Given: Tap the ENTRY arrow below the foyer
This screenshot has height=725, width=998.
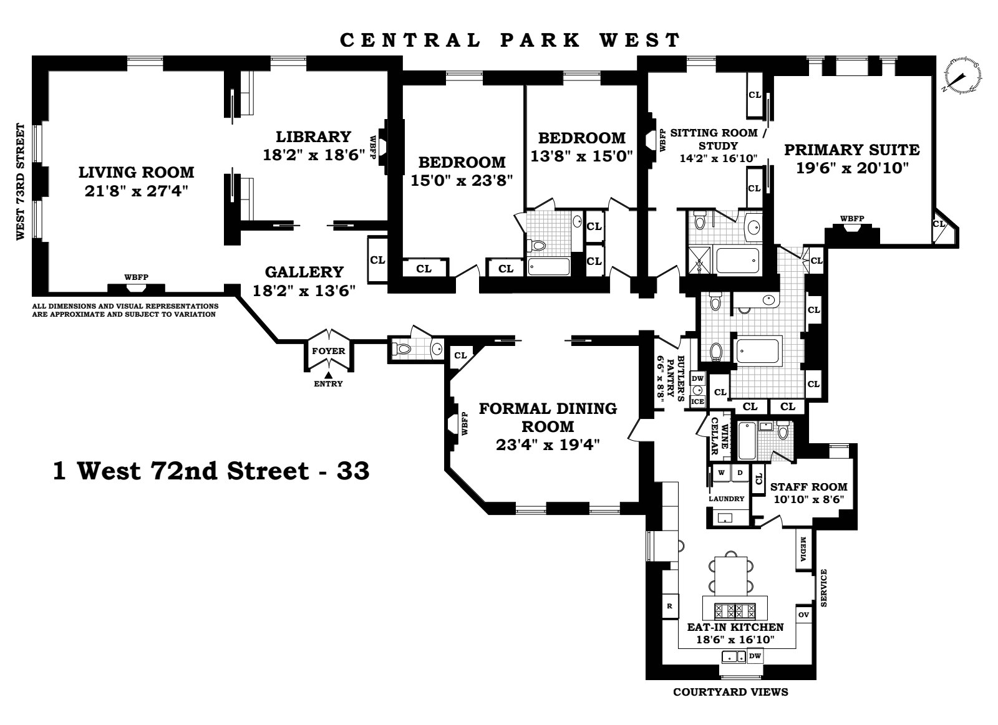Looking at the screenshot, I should [328, 374].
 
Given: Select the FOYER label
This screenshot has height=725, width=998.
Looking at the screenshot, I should [328, 351].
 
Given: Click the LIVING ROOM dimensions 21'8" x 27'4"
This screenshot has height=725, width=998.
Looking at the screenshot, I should [137, 190].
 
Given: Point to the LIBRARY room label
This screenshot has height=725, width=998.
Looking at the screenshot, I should [314, 137].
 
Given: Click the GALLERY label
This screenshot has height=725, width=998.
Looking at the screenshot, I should [304, 272].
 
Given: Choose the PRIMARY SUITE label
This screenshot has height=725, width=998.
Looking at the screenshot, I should [851, 150].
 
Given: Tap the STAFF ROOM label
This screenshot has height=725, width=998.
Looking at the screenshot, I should [809, 487].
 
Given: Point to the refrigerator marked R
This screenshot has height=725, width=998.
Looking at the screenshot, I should [669, 605].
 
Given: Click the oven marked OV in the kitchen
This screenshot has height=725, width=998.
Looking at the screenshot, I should [804, 615].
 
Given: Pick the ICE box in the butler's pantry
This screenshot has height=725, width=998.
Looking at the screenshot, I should [697, 402].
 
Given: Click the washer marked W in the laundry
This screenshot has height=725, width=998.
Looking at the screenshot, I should [721, 473].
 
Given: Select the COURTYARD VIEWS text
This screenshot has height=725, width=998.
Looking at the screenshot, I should [730, 692].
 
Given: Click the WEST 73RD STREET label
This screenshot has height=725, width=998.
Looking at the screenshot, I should [20, 181].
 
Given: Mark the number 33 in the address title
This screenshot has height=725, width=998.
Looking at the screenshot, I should [353, 471].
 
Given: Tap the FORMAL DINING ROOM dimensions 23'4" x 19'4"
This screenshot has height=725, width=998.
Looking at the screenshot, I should [548, 445].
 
